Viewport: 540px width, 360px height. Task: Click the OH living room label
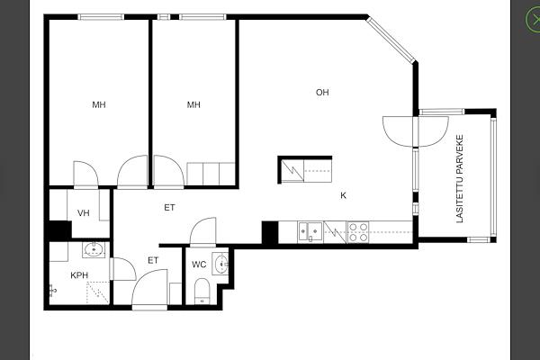[x=322, y=93]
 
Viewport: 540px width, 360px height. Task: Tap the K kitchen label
[x=344, y=195]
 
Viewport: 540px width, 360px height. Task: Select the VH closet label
[x=84, y=213]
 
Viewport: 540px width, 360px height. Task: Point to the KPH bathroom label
[x=79, y=275]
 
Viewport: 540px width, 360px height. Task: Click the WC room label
[x=199, y=265]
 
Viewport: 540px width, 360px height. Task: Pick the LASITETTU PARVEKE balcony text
[x=460, y=179]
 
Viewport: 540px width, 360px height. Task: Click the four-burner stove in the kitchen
[x=358, y=232]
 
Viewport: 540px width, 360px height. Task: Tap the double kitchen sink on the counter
[x=310, y=232]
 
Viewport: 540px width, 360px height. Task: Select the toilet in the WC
[x=202, y=291]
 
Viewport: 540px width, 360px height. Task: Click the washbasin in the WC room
[x=220, y=265]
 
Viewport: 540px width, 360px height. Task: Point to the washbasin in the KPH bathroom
[x=94, y=249]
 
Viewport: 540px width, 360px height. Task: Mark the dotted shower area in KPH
[x=98, y=292]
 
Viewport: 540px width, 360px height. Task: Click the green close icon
[x=533, y=20]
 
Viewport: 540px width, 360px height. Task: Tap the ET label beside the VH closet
[x=169, y=208]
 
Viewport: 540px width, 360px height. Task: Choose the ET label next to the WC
[x=153, y=260]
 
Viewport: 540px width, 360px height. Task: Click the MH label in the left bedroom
[x=99, y=104]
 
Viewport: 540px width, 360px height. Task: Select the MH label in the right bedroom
[x=193, y=104]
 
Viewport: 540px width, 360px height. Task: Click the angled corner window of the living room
[x=391, y=39]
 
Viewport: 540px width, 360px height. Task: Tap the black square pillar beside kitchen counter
[x=270, y=233]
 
